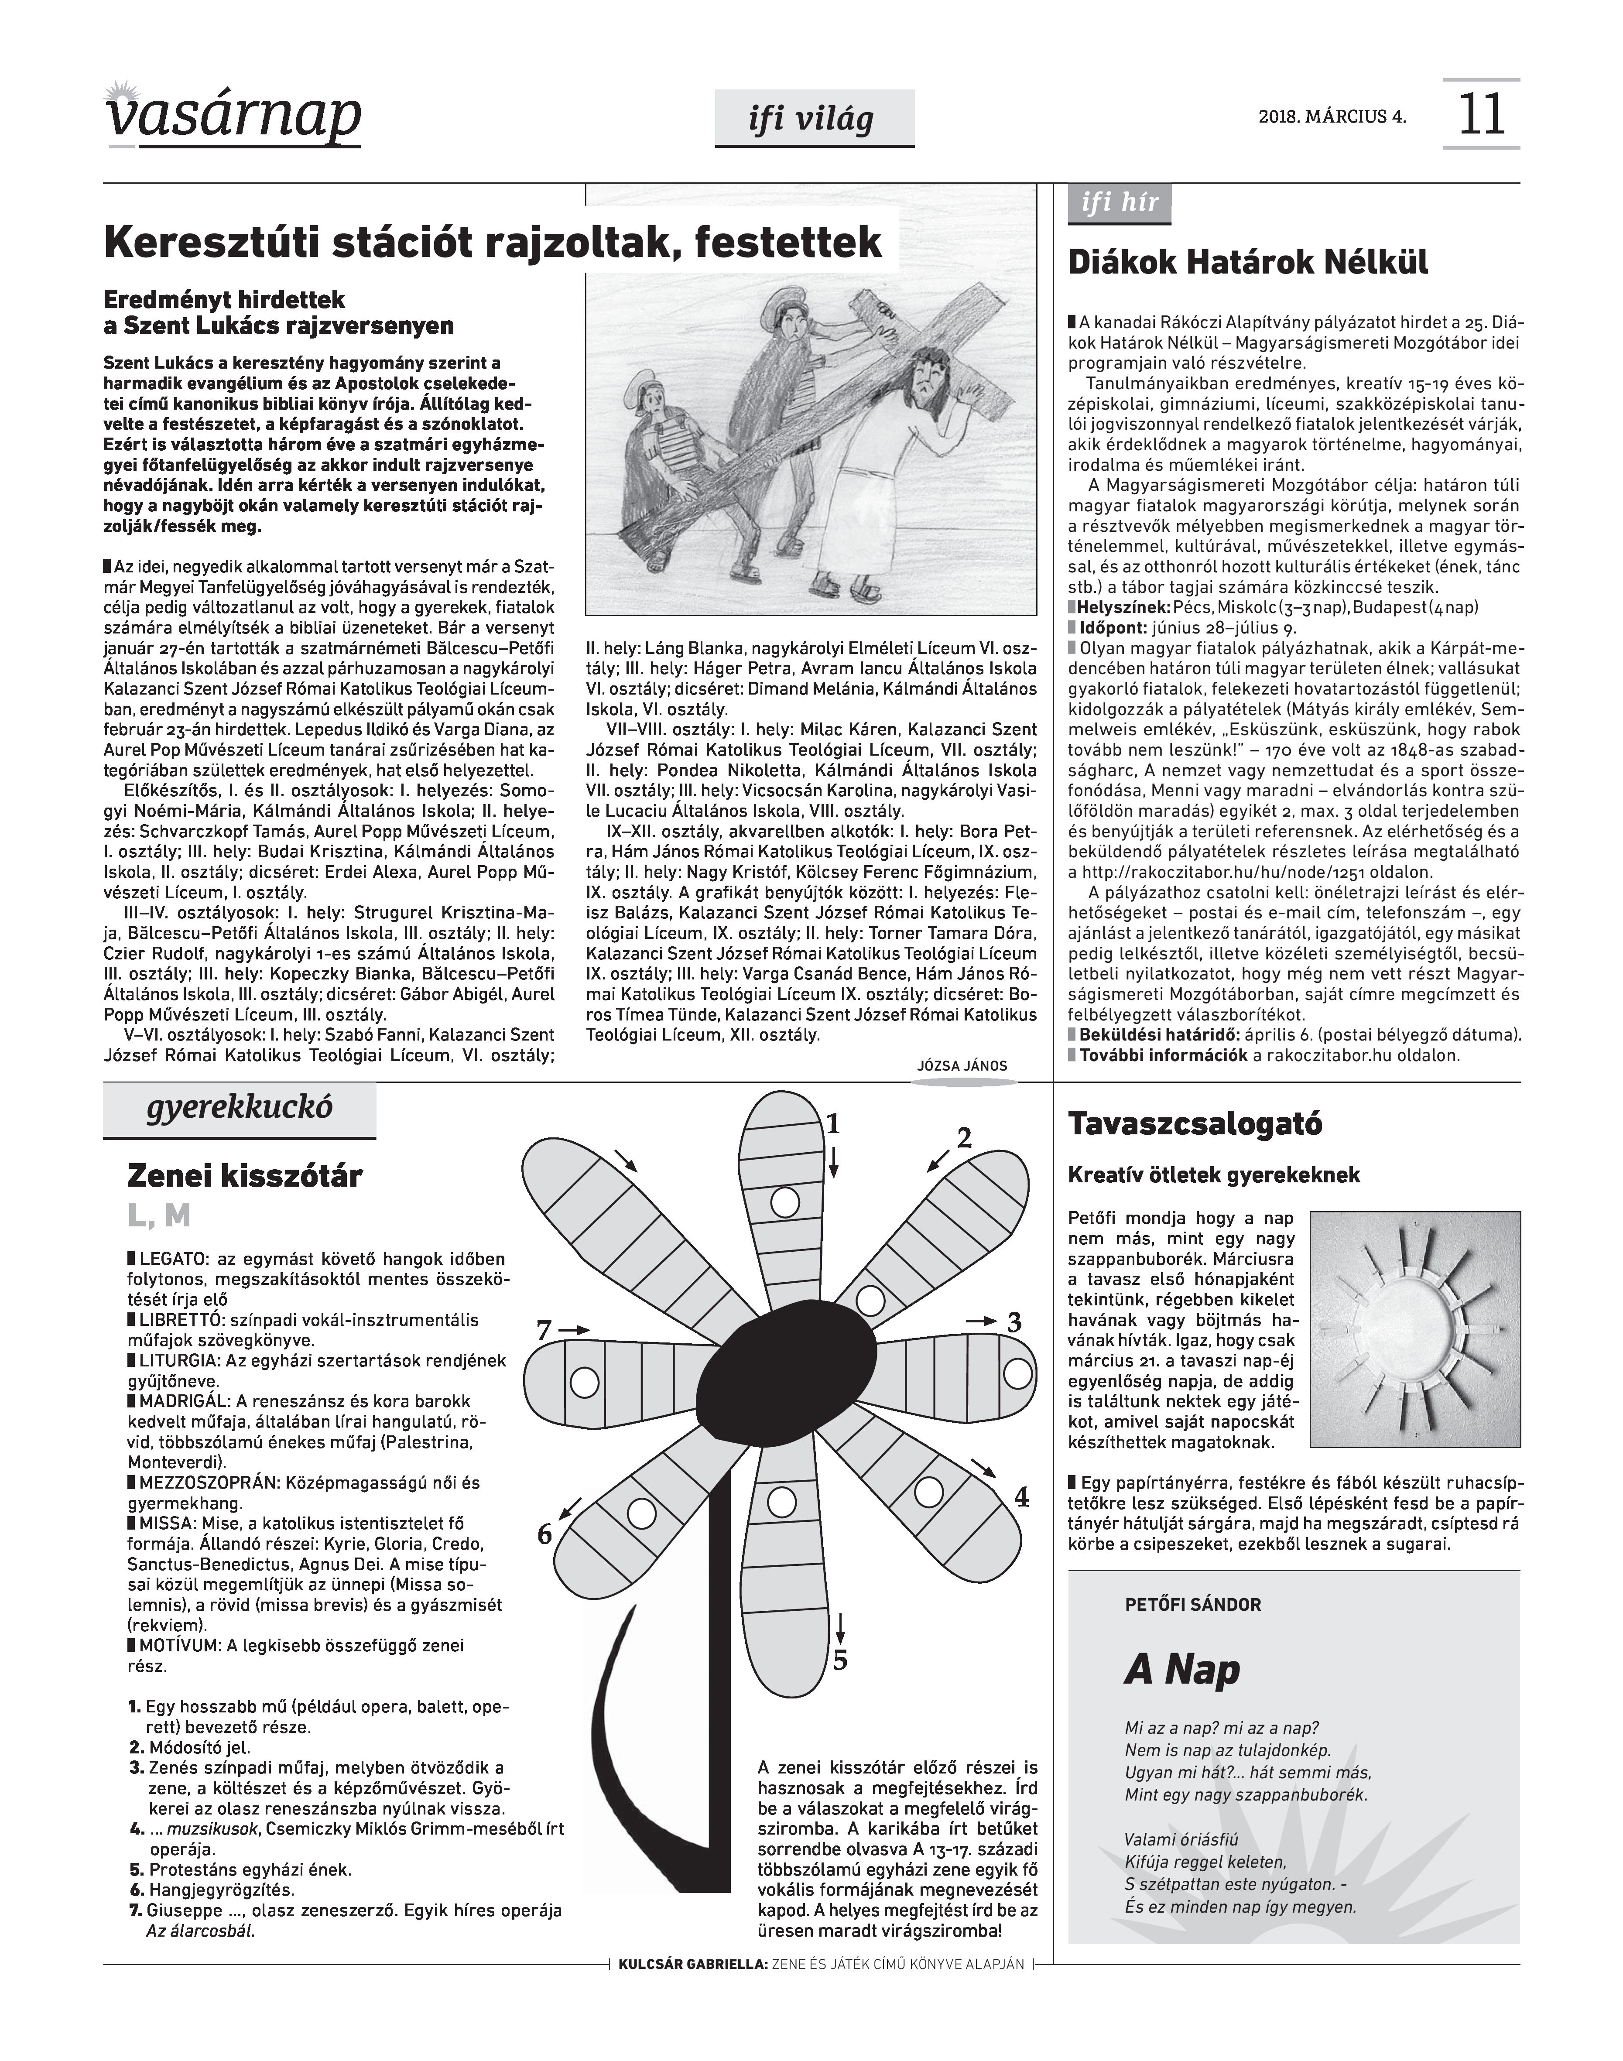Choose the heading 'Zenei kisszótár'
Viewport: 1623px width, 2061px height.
(x=245, y=1176)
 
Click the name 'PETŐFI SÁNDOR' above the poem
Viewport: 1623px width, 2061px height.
(x=1192, y=1605)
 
